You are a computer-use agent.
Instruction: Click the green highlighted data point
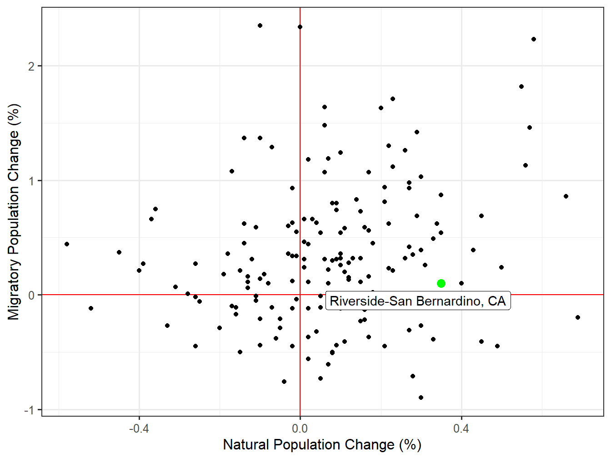click(x=441, y=283)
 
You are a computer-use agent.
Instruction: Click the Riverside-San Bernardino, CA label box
click(x=418, y=301)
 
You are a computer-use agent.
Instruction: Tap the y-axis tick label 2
click(x=31, y=66)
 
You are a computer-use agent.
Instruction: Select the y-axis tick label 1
click(x=31, y=181)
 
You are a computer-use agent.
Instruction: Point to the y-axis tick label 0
click(x=31, y=295)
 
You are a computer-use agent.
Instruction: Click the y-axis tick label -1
click(x=29, y=410)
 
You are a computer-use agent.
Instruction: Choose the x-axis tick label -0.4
click(x=139, y=428)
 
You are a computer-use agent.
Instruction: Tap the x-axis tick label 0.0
click(x=300, y=428)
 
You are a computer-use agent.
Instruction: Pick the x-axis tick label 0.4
click(x=461, y=428)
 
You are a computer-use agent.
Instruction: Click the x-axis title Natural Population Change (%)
click(x=322, y=445)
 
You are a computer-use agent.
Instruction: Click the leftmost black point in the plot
click(x=67, y=244)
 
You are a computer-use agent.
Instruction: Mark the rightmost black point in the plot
click(x=578, y=317)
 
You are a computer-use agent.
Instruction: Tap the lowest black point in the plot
click(x=421, y=398)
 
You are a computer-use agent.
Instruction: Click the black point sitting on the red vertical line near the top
click(x=300, y=27)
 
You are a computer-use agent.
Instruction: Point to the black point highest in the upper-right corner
click(x=534, y=39)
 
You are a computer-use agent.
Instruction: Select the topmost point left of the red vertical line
click(x=260, y=25)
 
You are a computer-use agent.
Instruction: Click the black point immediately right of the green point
click(x=461, y=283)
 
